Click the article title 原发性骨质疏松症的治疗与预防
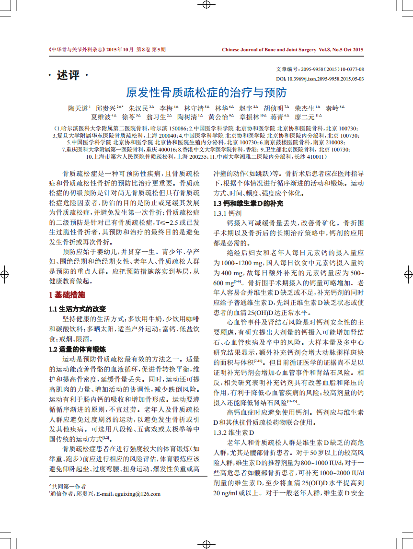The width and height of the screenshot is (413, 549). (206, 92)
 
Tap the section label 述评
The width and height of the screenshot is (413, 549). (68, 75)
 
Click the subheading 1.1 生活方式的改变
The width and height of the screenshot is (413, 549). (77, 308)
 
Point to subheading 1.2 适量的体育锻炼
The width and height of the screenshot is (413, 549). (77, 349)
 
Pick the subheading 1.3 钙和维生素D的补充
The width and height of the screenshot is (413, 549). (248, 203)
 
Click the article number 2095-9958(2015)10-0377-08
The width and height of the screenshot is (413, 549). (331, 69)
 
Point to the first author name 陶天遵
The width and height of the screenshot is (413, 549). (78, 108)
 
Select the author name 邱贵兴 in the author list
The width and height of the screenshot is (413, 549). (106, 108)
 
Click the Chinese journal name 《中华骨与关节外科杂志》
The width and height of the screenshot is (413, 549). (76, 49)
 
